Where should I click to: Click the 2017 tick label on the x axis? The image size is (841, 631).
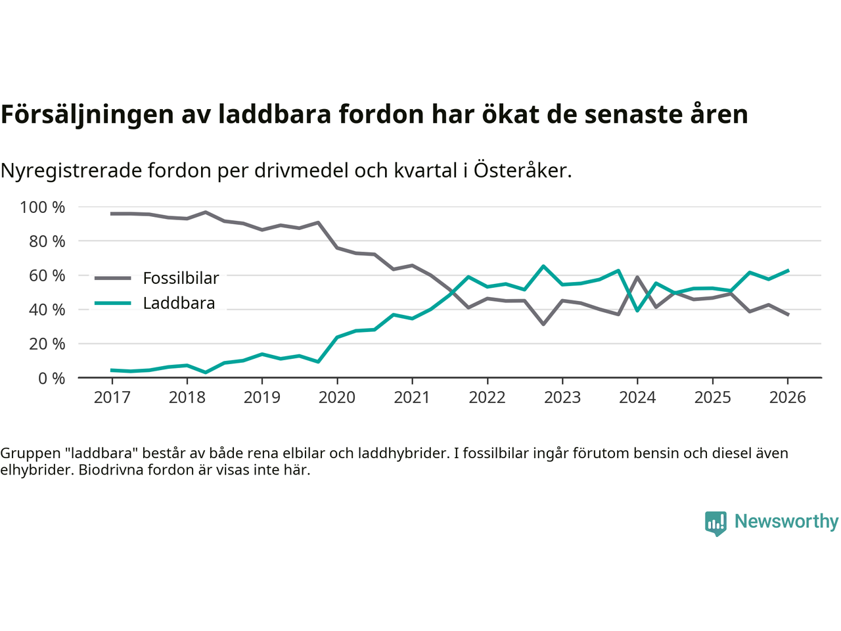click(x=112, y=398)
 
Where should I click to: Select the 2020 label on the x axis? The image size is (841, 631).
click(x=337, y=398)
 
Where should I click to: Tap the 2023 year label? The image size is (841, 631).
click(x=562, y=398)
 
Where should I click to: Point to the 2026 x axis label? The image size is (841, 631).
click(x=787, y=398)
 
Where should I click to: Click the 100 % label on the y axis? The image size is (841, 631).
click(x=43, y=208)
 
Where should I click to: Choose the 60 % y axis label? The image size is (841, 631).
click(x=47, y=276)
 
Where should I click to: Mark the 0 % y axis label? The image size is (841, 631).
click(x=51, y=379)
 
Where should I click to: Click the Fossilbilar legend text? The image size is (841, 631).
click(x=181, y=279)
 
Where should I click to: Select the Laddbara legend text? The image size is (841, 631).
click(x=179, y=304)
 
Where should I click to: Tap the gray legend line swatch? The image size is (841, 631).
click(x=112, y=279)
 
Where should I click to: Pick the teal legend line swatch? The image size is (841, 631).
click(x=112, y=303)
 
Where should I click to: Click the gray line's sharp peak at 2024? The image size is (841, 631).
click(x=637, y=277)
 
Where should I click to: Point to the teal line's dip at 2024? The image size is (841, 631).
click(x=637, y=310)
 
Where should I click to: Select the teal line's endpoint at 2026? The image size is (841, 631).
click(x=788, y=270)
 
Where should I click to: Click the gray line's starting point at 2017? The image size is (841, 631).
click(x=112, y=214)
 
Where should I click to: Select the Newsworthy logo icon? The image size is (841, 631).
click(x=716, y=523)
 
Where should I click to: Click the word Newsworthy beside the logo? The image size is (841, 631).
click(x=786, y=522)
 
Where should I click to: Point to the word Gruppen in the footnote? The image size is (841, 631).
click(x=29, y=454)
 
